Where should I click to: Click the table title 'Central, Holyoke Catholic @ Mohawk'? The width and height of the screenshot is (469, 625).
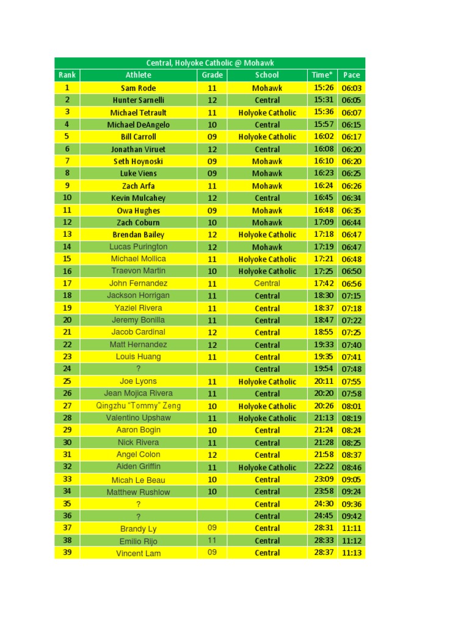(209, 63)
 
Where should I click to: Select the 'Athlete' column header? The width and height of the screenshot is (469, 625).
(138, 75)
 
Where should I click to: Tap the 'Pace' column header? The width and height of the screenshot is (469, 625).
(351, 75)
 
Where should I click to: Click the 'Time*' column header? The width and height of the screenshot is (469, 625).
(322, 75)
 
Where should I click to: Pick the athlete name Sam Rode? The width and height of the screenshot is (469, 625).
(138, 88)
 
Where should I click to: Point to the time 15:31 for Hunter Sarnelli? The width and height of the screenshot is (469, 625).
(324, 100)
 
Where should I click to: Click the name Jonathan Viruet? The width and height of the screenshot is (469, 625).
(138, 149)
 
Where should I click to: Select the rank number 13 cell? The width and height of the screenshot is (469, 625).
(67, 234)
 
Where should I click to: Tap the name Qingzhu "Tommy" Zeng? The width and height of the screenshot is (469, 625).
(138, 406)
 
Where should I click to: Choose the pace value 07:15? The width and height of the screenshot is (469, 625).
(352, 295)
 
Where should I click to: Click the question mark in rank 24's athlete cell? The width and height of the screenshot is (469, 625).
(138, 369)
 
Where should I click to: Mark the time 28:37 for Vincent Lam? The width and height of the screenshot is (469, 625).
(324, 553)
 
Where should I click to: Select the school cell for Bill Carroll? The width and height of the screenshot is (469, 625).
(267, 137)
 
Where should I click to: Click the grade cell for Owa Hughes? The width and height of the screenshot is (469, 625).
(211, 210)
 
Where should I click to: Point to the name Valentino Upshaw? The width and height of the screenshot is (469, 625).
(138, 418)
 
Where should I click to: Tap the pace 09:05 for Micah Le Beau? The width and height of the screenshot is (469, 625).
(352, 480)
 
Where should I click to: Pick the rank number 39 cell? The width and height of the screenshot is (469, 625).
(67, 553)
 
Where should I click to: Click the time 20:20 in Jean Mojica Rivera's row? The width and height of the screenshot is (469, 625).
(324, 394)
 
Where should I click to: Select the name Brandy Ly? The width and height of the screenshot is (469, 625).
(138, 529)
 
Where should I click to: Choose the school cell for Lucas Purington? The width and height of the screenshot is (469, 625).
(267, 247)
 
